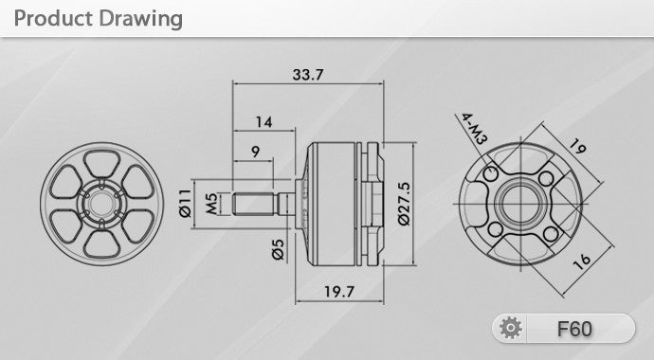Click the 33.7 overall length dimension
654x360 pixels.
[x=308, y=75]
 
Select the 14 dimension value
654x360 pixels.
[x=264, y=122]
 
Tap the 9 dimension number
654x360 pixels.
[x=256, y=152]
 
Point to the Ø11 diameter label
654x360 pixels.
[x=185, y=204]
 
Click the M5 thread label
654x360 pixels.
[x=212, y=205]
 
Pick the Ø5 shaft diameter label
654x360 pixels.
[x=279, y=249]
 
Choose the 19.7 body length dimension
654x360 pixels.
[x=339, y=291]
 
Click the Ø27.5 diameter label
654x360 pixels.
[x=404, y=204]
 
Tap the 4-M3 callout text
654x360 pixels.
[x=474, y=129]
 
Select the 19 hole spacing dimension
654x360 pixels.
[x=577, y=146]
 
